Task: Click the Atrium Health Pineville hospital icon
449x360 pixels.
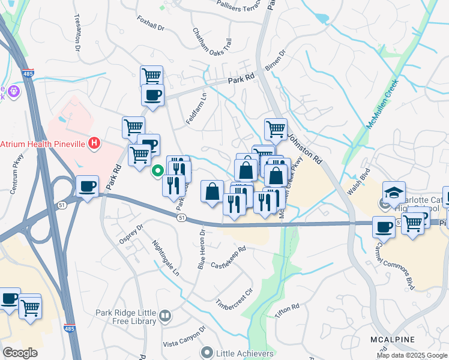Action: (94, 143)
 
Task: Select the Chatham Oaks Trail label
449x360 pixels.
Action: (211, 41)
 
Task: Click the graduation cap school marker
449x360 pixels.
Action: (394, 192)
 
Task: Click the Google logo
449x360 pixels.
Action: (20, 353)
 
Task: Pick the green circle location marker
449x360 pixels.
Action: (158, 171)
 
